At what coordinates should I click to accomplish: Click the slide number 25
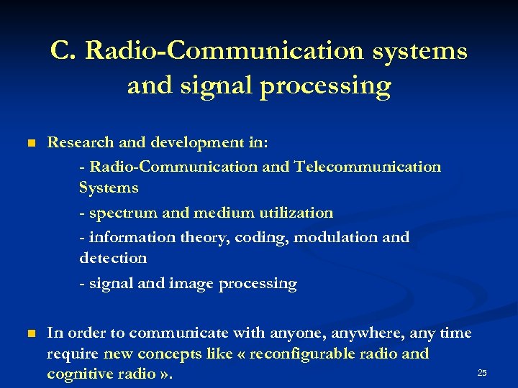click(482, 373)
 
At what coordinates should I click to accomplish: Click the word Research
click(76, 143)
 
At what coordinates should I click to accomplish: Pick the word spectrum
click(115, 213)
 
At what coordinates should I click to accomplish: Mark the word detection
click(113, 258)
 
